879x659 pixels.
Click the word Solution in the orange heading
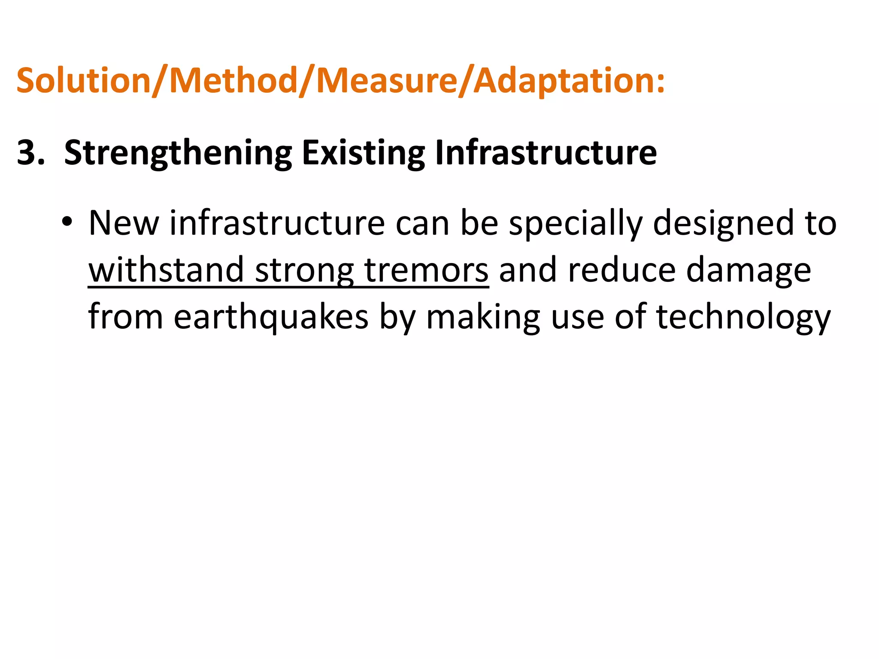click(x=84, y=80)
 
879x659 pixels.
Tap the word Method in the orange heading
click(x=233, y=80)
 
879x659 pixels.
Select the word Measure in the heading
click(x=387, y=80)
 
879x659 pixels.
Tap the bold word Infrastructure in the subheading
click(x=546, y=152)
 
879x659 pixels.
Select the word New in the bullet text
click(x=124, y=223)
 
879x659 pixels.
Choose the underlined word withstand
click(x=166, y=270)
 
